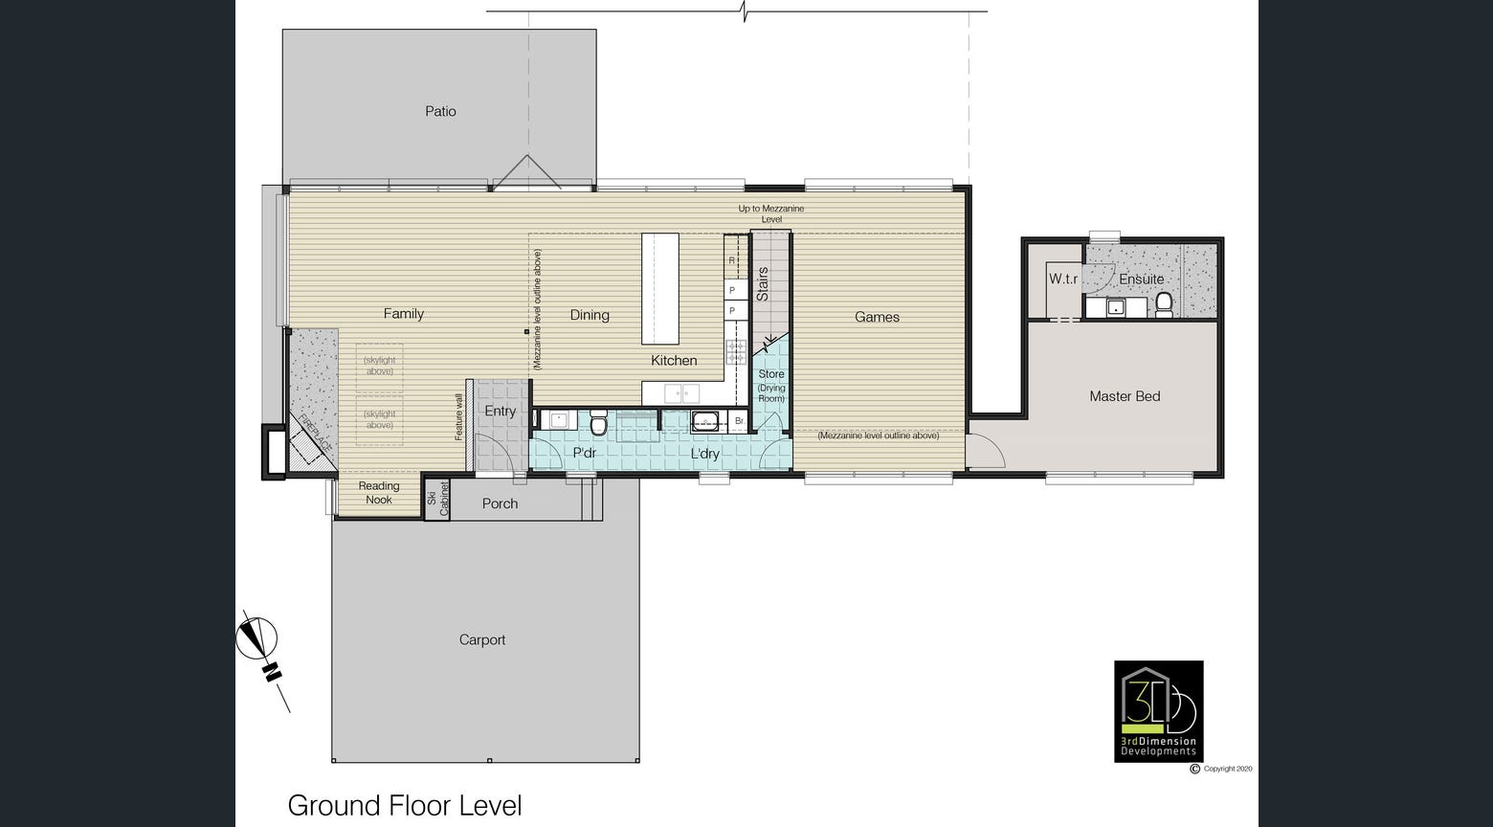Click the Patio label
[440, 111]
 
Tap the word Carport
[482, 639]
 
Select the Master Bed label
[1125, 396]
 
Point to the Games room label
[877, 317]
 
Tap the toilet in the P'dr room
[598, 423]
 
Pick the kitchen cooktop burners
[736, 351]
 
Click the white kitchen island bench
[659, 288]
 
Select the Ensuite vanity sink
[1115, 307]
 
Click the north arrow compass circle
[256, 637]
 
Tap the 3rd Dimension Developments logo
[1158, 711]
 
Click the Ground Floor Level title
[405, 806]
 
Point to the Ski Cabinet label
[438, 498]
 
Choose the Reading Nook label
[379, 493]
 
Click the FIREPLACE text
[315, 433]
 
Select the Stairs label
[763, 284]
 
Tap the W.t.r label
[1063, 279]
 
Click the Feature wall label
[458, 417]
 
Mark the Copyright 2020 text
[1221, 769]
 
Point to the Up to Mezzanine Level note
[771, 213]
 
